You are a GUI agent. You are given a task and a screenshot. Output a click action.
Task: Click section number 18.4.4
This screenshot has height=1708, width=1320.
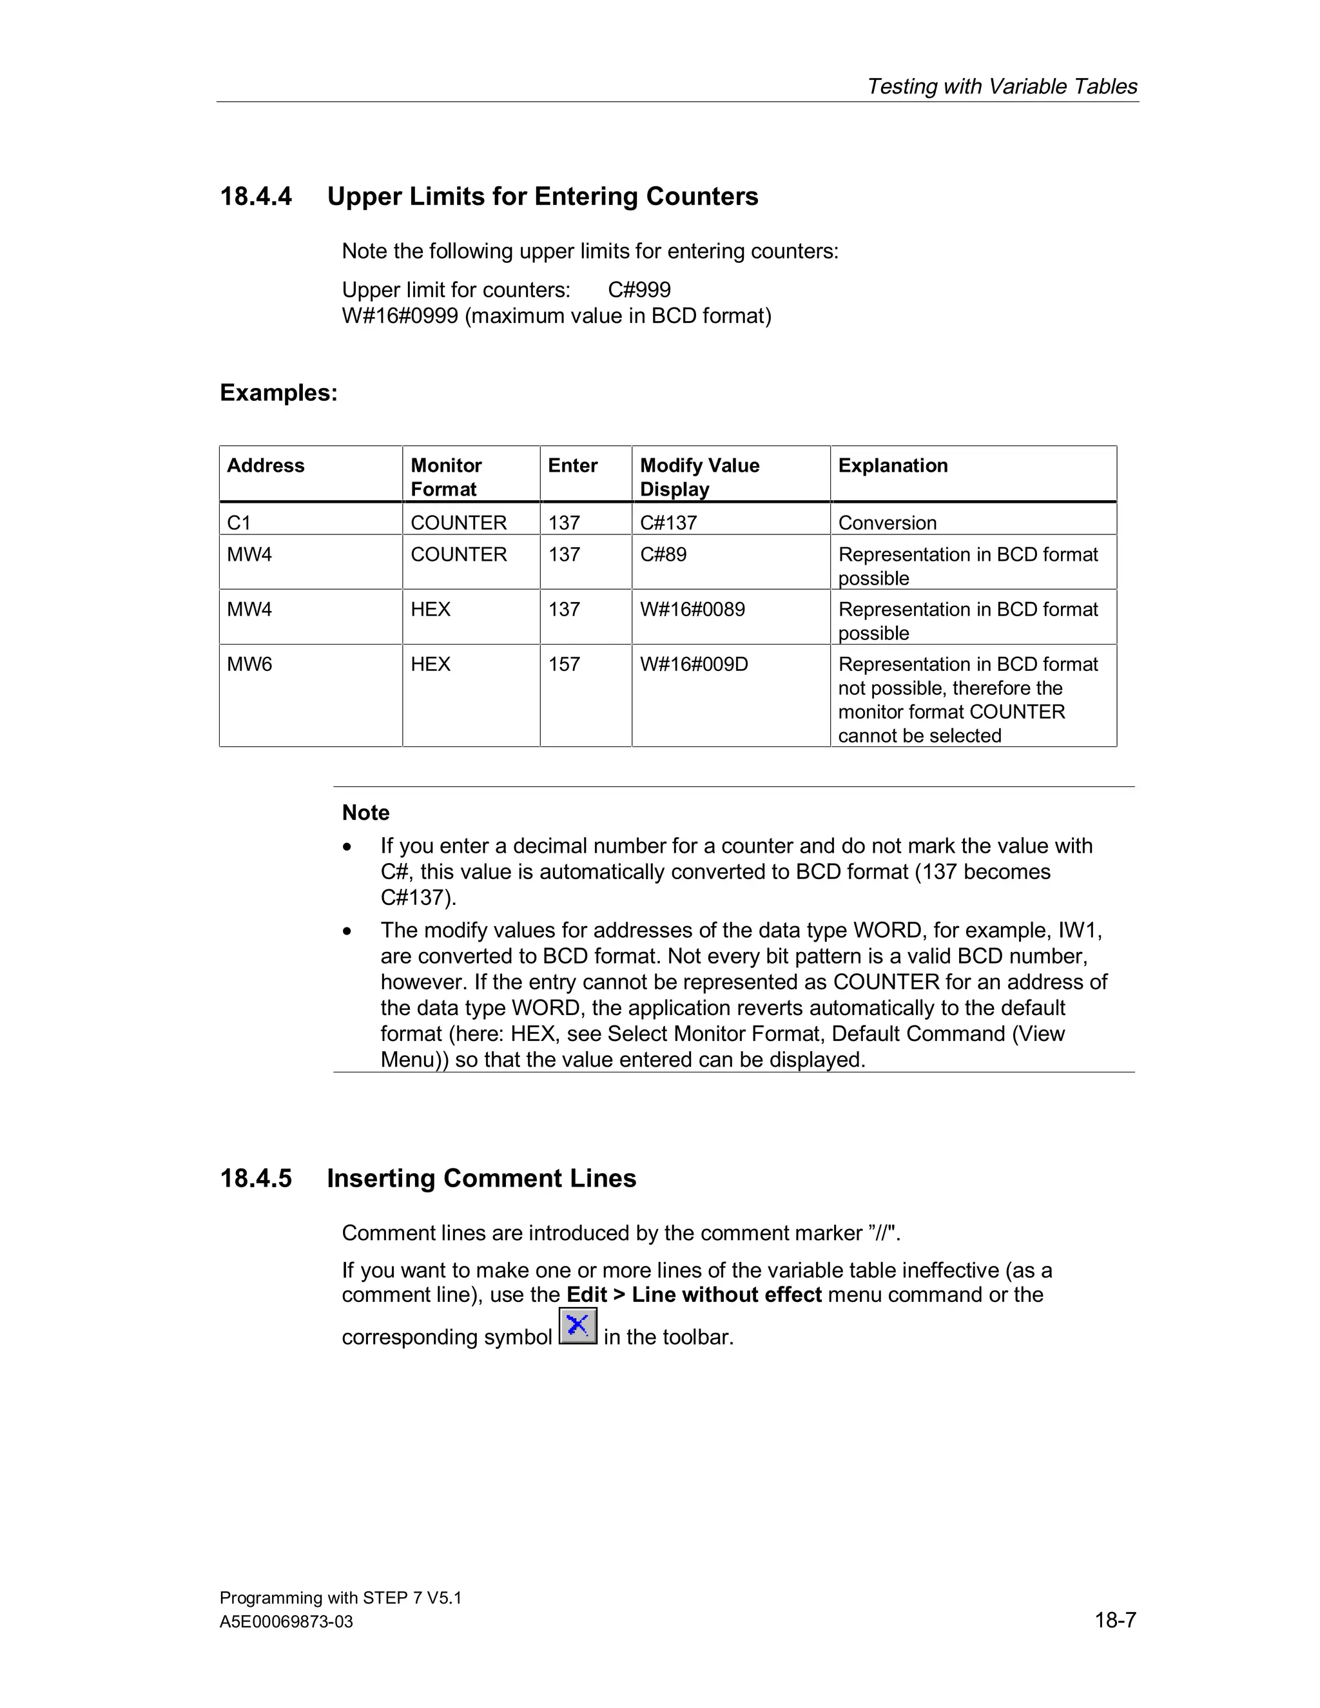point(256,197)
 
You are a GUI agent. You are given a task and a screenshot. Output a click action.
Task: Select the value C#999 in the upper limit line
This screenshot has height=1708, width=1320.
point(639,290)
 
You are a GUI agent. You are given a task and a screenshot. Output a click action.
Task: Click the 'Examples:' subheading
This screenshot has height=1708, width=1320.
point(278,393)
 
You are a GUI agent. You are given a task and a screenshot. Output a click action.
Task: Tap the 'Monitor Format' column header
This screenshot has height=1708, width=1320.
point(446,476)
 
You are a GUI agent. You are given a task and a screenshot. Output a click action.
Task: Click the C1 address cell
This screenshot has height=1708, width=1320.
point(238,523)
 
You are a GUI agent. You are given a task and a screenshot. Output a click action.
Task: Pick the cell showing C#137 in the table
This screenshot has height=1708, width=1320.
point(668,523)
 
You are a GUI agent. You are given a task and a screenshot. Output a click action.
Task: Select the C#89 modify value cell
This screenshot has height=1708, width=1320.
point(663,554)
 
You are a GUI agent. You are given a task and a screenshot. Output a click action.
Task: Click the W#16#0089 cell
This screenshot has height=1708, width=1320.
point(692,609)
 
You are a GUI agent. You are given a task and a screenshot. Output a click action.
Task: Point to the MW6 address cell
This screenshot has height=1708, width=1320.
point(249,664)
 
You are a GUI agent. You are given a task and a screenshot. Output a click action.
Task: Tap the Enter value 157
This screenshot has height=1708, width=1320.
point(564,664)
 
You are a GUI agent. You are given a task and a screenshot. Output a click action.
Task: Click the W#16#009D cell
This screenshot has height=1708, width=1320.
point(694,664)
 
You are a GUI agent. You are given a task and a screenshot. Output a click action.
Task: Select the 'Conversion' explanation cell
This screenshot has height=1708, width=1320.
point(887,523)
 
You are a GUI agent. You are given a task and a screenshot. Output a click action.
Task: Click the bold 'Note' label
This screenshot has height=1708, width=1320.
point(365,813)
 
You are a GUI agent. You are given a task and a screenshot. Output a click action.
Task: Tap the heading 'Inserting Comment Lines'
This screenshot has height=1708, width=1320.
point(481,1179)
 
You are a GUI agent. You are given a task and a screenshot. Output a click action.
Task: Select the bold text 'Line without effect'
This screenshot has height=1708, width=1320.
point(726,1294)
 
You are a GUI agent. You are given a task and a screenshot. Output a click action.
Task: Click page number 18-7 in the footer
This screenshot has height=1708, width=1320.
point(1114,1620)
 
